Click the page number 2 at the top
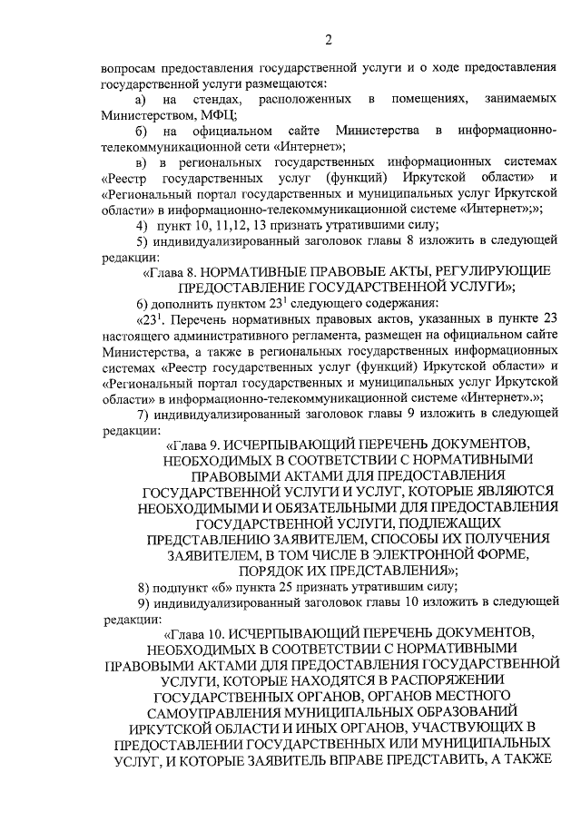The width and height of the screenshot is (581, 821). pos(329,39)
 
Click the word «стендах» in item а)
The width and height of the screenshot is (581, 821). pos(215,99)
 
